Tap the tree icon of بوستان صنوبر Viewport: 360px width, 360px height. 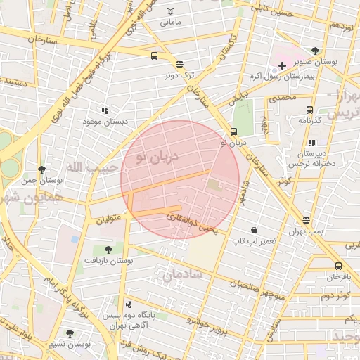pos(314,51)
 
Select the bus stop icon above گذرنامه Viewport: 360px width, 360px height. pos(309,110)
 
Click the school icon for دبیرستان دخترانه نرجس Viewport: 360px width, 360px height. pos(311,143)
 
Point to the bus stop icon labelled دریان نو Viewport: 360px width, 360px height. pos(233,131)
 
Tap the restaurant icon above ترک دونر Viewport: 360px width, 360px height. pos(179,63)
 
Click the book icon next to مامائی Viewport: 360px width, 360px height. pos(170,12)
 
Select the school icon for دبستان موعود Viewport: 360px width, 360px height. pos(105,110)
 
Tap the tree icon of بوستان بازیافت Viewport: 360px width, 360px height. pos(108,249)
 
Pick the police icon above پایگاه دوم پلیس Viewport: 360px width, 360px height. pos(128,305)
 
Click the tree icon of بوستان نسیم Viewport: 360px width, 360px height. pos(70,333)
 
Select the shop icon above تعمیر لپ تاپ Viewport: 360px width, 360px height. pos(254,230)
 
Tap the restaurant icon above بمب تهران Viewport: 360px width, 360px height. pos(306,221)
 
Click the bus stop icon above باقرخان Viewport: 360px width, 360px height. pos(338,266)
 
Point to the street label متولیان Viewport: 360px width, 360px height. pos(108,219)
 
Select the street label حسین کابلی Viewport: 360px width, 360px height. pos(274,10)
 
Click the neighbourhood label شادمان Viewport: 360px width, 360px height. pos(182,275)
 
